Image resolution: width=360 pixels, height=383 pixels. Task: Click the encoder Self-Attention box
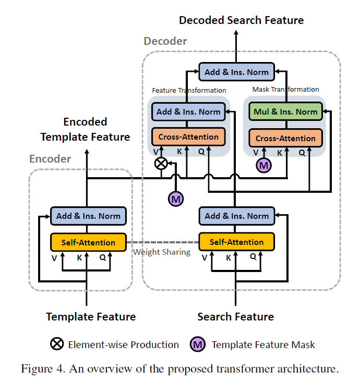click(88, 242)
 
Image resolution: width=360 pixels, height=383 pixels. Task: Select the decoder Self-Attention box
click(236, 242)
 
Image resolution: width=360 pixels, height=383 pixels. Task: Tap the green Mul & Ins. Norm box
click(285, 112)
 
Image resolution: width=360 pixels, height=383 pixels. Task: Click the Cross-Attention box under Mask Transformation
click(285, 139)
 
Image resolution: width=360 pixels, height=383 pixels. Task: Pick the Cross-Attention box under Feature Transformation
click(188, 137)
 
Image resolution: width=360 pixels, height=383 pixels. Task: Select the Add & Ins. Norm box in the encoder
click(88, 216)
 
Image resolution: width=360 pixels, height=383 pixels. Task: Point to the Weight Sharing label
click(162, 252)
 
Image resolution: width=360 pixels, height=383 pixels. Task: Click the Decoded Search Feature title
click(241, 20)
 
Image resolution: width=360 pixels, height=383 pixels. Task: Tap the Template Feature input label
click(91, 317)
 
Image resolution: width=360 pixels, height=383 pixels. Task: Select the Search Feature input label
click(235, 317)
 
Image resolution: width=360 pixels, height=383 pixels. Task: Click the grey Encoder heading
click(50, 159)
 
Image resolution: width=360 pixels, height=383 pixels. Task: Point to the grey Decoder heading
click(165, 41)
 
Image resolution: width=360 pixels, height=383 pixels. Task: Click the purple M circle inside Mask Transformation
click(264, 166)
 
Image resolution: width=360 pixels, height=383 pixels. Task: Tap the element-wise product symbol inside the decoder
click(162, 164)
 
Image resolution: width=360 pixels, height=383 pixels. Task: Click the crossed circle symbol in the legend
click(56, 344)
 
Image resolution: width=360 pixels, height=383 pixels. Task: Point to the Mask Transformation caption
click(285, 90)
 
